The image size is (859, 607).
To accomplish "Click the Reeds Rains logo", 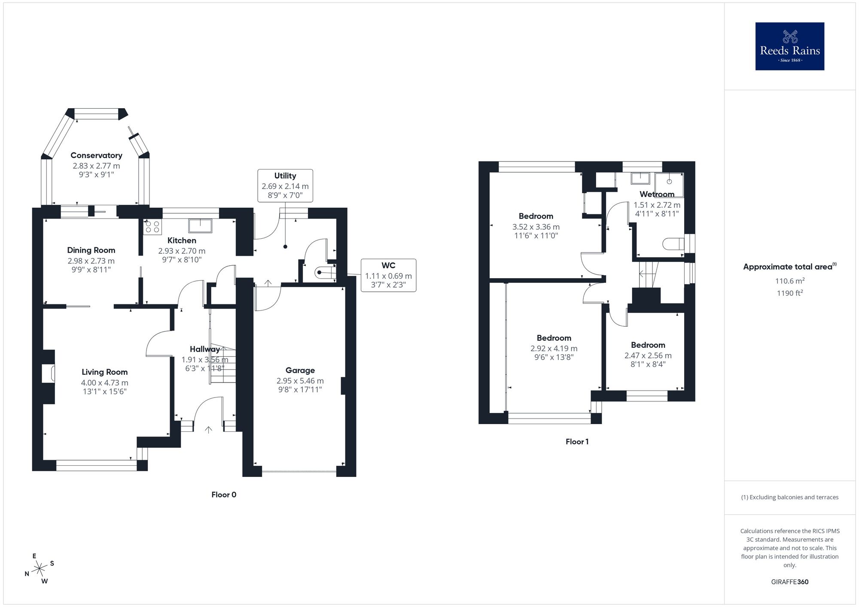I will [789, 46].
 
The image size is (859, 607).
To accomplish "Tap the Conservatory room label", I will [96, 155].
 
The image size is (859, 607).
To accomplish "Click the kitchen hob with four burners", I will [152, 227].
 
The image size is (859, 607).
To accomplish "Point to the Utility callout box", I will [285, 185].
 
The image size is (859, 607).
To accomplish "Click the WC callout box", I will [388, 275].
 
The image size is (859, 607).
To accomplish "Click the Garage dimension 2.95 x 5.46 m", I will [300, 381].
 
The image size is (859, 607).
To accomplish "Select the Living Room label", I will [104, 372].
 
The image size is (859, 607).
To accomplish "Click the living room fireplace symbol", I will [48, 373].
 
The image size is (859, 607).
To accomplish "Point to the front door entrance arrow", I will [209, 429].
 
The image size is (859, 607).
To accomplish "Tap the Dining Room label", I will [91, 250].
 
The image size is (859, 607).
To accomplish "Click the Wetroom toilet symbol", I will [673, 244].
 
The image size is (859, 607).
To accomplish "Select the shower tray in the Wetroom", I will [669, 182].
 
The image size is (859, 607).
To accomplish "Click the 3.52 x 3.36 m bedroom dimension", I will [536, 227].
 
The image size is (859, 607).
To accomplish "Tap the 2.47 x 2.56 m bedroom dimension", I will [648, 355].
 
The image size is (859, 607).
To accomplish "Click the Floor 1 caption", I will [577, 442].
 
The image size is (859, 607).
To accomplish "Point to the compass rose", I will [40, 569].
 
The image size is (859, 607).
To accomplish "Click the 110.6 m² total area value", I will [790, 281].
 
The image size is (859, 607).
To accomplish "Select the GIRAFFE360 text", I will [789, 582].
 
